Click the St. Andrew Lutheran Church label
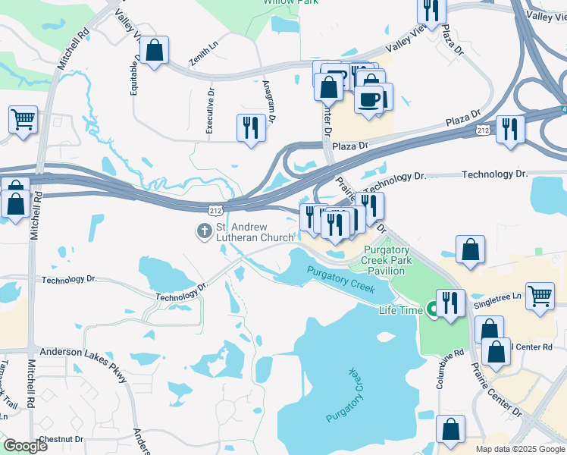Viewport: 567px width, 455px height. coord(255,232)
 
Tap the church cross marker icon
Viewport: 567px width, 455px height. coord(204,231)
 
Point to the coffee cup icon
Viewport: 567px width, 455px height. coord(368,99)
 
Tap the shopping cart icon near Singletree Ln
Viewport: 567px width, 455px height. coord(540,296)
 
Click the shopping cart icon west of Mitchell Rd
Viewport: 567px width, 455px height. coord(23,118)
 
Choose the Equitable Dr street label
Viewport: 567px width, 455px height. coord(135,76)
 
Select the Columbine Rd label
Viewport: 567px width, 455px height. coord(440,370)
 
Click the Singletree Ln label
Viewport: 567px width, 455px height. coord(507,296)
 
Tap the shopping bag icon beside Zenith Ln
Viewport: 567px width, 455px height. coord(155,51)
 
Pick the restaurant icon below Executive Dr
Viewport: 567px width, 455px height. coord(251,127)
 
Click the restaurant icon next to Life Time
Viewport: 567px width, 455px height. coord(450,303)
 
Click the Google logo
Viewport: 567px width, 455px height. coord(26,447)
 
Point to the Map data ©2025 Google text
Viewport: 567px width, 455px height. coord(519,449)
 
